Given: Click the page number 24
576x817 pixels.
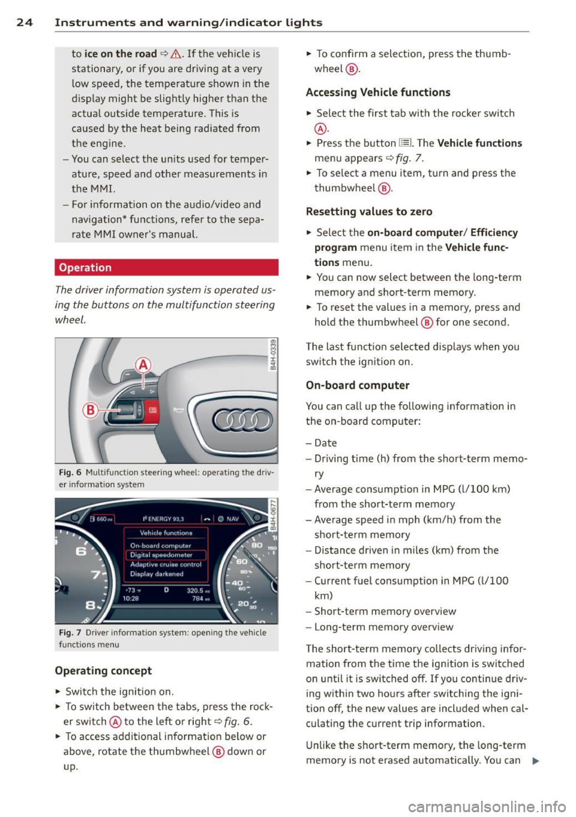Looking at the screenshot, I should (24, 23).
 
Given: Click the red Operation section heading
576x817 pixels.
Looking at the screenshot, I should (85, 268).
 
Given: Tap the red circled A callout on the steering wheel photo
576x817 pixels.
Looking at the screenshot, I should (143, 365).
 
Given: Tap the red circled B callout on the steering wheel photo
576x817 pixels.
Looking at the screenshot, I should (90, 410).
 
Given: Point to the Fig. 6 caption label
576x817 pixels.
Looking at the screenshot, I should (70, 472).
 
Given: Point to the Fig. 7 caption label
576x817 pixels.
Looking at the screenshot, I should (70, 633).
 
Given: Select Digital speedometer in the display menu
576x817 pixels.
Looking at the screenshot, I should (161, 555).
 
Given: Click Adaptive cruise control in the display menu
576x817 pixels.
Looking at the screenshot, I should (166, 565).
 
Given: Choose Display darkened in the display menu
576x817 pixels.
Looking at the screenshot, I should (157, 574).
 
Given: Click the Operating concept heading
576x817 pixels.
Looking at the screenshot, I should (103, 671).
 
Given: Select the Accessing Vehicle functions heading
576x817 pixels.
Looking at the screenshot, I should (378, 92).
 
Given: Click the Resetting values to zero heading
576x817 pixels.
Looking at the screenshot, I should (369, 212).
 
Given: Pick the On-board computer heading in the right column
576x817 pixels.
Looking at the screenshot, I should (358, 385).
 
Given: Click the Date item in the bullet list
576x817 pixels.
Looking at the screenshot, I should (325, 443).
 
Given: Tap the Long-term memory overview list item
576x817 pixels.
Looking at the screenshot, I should (384, 627).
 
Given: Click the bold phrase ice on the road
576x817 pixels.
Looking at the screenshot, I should (121, 54).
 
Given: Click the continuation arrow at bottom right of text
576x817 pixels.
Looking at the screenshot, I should (535, 761).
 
